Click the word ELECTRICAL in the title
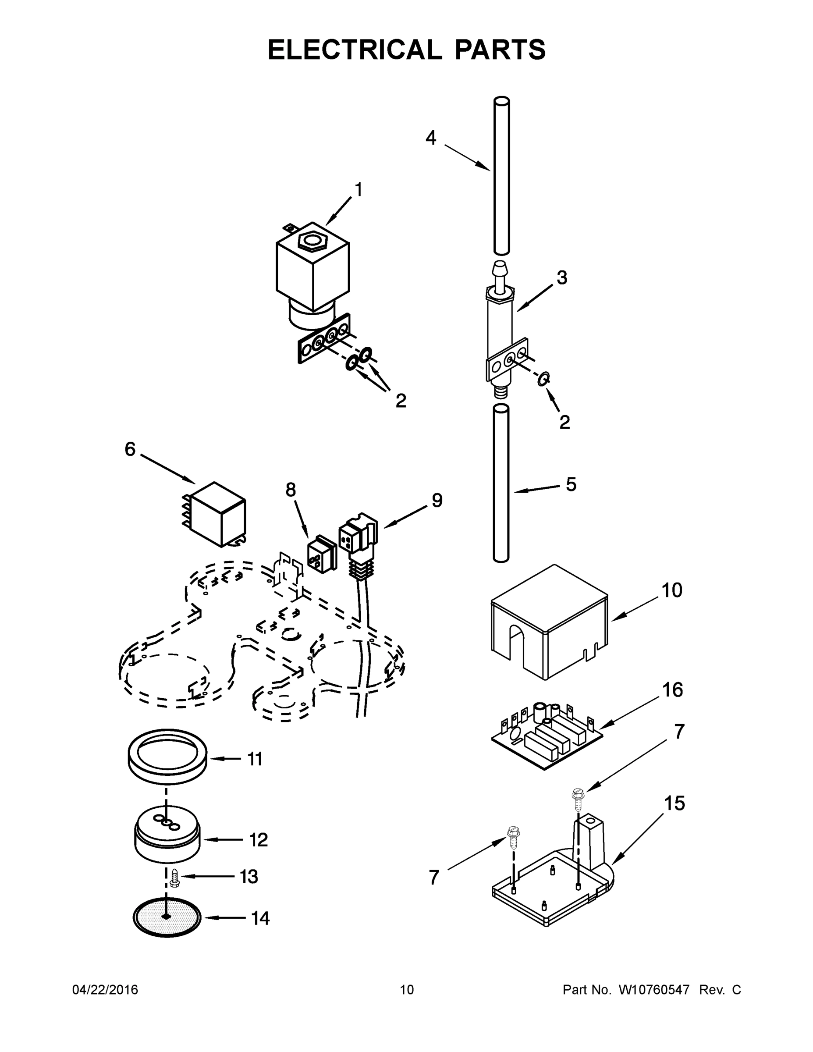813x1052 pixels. pyautogui.click(x=355, y=50)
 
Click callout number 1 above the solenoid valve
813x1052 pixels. pyautogui.click(x=358, y=190)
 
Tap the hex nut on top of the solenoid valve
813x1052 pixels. pyautogui.click(x=312, y=239)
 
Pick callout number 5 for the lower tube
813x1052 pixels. pyautogui.click(x=571, y=484)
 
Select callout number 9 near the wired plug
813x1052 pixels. pyautogui.click(x=437, y=501)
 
